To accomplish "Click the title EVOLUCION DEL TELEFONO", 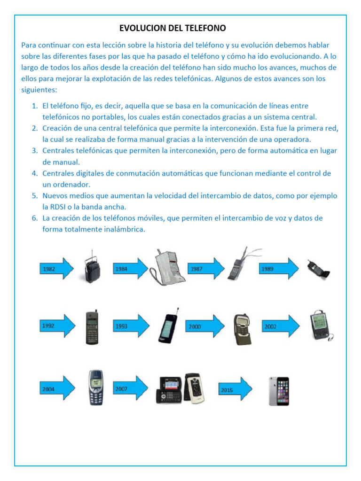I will pyautogui.click(x=173, y=28).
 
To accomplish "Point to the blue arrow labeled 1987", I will pyautogui.click(x=205, y=269).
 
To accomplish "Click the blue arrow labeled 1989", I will pyautogui.click(x=278, y=269).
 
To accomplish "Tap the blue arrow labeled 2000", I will pyautogui.click(x=205, y=326).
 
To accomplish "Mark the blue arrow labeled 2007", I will pyautogui.click(x=130, y=388).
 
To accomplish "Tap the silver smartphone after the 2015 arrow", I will pyautogui.click(x=279, y=391).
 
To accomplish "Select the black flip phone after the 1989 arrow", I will pyautogui.click(x=318, y=270).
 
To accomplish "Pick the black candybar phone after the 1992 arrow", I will pyautogui.click(x=91, y=327).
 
